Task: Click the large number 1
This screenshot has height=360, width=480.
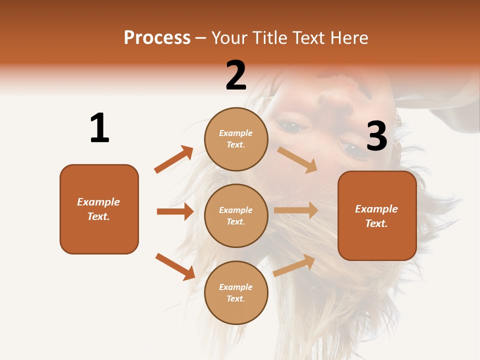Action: pyautogui.click(x=99, y=128)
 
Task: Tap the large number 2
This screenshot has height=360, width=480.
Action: pyautogui.click(x=236, y=75)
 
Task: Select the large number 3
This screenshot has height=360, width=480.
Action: pyautogui.click(x=376, y=136)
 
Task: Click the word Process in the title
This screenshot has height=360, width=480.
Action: pyautogui.click(x=157, y=37)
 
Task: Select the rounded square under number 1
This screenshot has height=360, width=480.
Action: pyautogui.click(x=99, y=209)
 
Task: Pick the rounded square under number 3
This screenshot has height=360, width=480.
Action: pyautogui.click(x=377, y=215)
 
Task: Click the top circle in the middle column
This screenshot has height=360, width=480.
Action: pyautogui.click(x=236, y=139)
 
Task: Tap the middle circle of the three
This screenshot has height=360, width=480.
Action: pyautogui.click(x=236, y=215)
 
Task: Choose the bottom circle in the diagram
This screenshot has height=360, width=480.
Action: pyautogui.click(x=236, y=292)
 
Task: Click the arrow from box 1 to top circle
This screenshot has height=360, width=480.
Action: pyautogui.click(x=173, y=159)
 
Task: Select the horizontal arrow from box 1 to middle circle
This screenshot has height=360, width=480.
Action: pyautogui.click(x=175, y=211)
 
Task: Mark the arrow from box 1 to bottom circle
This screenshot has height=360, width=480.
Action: pyautogui.click(x=175, y=267)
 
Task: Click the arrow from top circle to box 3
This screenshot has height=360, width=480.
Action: pyautogui.click(x=297, y=159)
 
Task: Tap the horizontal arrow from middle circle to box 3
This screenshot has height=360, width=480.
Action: pyautogui.click(x=296, y=210)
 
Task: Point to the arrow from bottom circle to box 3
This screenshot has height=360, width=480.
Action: pyautogui.click(x=294, y=265)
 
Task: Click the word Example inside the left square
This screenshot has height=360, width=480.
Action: pyautogui.click(x=98, y=202)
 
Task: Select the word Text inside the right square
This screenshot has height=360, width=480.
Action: pyautogui.click(x=375, y=223)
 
